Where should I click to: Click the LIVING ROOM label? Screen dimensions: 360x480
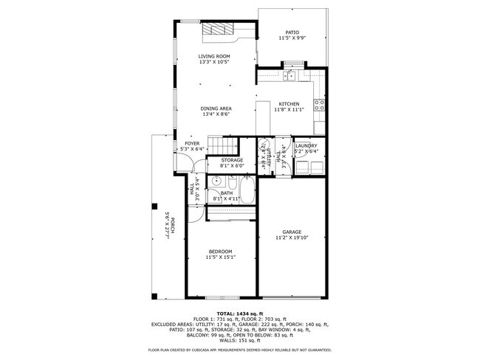coord(214,56)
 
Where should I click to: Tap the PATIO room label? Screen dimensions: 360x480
coord(292,32)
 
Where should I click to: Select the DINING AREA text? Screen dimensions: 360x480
coord(216,108)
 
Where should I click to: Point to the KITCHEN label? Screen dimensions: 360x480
coord(289,103)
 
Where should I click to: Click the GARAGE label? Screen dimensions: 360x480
coord(292,232)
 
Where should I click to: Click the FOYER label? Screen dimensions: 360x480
coord(192,143)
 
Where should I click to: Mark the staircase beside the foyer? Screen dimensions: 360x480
coord(223,146)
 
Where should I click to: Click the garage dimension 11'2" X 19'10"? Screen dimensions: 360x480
coord(292,238)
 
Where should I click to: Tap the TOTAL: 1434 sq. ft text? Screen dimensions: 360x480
coord(240,314)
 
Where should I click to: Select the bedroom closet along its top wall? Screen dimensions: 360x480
coord(230,213)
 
